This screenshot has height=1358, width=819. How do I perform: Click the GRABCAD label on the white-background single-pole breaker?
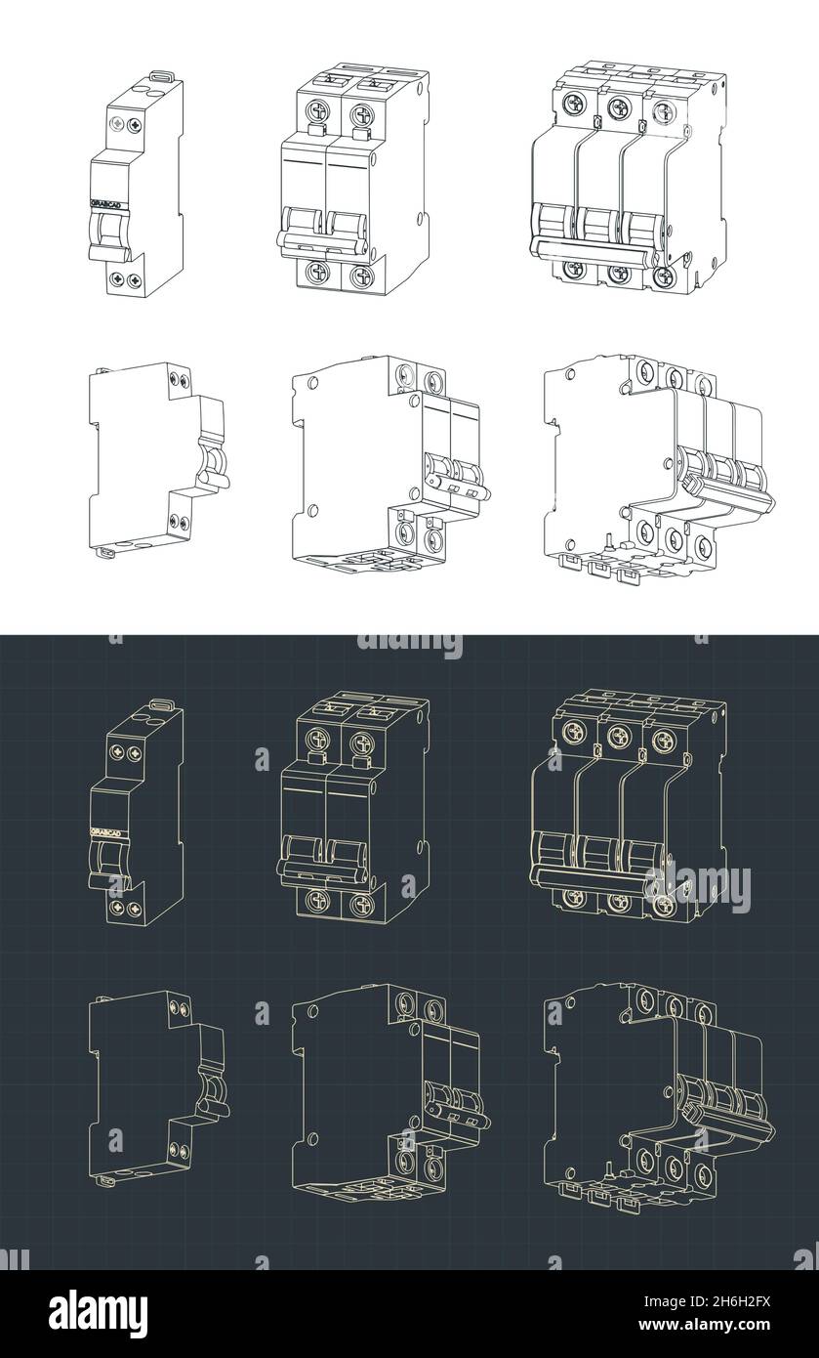(106, 202)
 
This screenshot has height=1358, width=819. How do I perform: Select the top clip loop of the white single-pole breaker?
(162, 75)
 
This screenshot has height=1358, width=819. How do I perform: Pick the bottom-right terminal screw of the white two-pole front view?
(361, 276)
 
